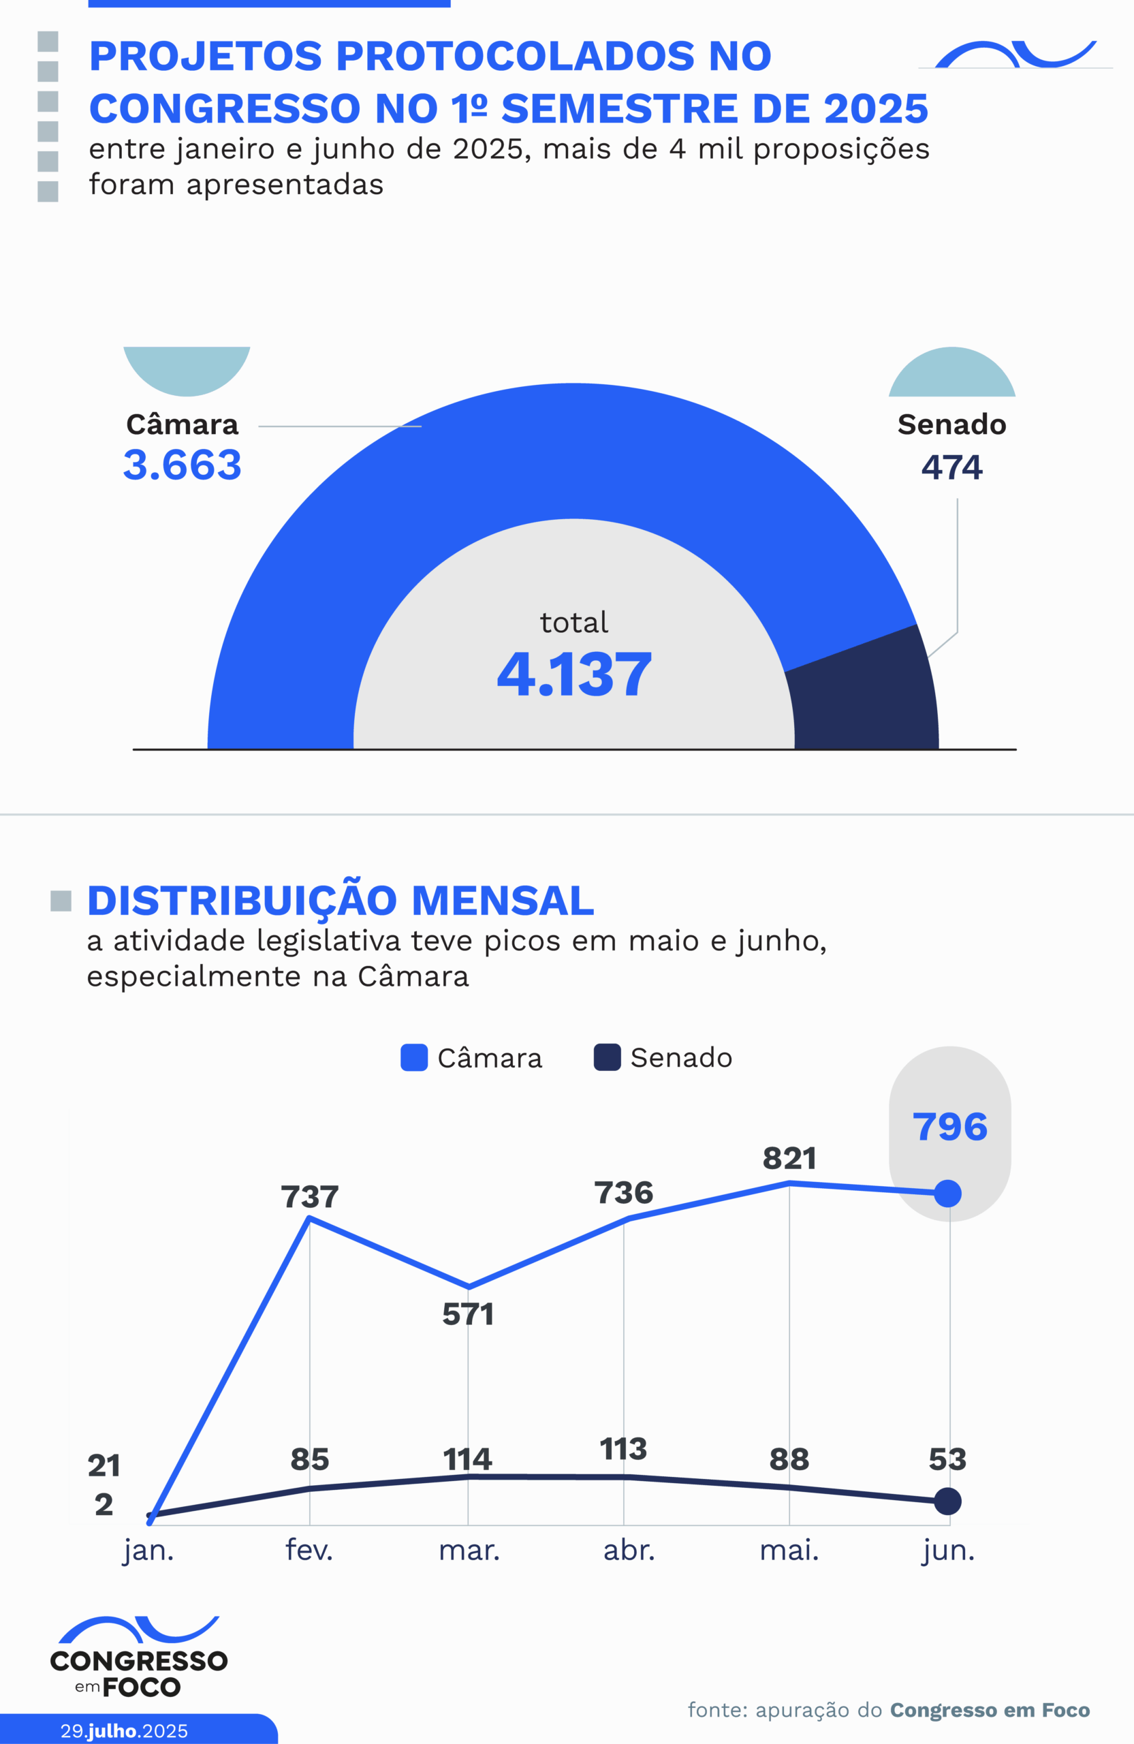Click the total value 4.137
pos(573,674)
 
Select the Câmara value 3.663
pos(183,465)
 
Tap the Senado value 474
pos(951,467)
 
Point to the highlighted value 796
pos(949,1126)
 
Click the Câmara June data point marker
pos(948,1194)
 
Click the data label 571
pos(468,1315)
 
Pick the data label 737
pos(310,1198)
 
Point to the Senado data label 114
pos(467,1460)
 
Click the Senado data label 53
pos(947,1460)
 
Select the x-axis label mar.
pos(469,1551)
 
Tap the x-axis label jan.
pos(148,1551)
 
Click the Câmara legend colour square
pos(414,1057)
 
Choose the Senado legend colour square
pos(608,1057)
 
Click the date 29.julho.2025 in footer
pos(124,1731)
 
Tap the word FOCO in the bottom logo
pos(142,1687)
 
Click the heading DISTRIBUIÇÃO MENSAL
pos(341,901)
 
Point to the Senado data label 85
pos(310,1460)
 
